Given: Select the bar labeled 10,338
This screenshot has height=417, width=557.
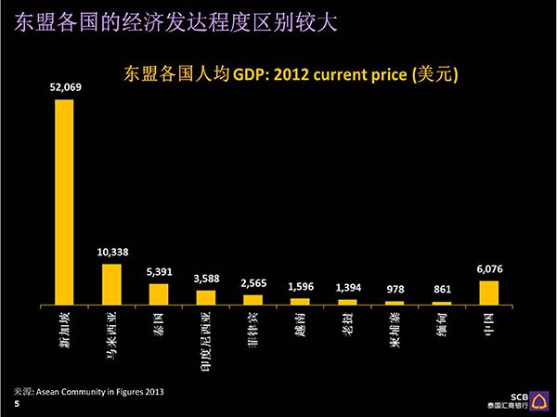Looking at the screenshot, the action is click(x=111, y=284).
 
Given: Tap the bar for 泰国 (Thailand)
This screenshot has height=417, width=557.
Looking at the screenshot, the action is click(x=159, y=294).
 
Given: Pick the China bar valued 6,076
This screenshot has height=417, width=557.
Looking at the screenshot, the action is click(x=489, y=293).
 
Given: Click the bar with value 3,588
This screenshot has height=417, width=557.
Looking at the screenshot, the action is click(x=206, y=297).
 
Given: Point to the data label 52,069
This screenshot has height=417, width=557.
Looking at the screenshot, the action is click(x=65, y=87).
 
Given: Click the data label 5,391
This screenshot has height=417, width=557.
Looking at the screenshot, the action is click(x=159, y=272).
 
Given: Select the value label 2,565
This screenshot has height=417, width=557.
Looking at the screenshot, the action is click(x=253, y=283).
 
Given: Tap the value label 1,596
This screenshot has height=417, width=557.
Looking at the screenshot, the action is click(x=301, y=287).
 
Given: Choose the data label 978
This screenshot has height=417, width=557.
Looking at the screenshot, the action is click(x=395, y=290).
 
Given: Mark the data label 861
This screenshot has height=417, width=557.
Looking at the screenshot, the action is click(x=442, y=290).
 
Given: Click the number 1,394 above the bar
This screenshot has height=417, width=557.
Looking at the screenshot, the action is click(x=348, y=288).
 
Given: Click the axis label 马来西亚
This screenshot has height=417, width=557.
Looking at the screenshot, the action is click(x=111, y=335).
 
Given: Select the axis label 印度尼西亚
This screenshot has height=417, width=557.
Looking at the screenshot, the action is click(x=206, y=341).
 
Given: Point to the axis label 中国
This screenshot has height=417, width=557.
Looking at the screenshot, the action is click(x=489, y=324).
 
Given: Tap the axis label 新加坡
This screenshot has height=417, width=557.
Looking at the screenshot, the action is click(x=64, y=330).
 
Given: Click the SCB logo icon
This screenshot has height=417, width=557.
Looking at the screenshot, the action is click(x=538, y=401).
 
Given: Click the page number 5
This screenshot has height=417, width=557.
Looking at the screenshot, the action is click(x=17, y=404).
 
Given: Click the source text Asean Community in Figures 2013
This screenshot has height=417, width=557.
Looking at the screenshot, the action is click(x=100, y=392).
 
